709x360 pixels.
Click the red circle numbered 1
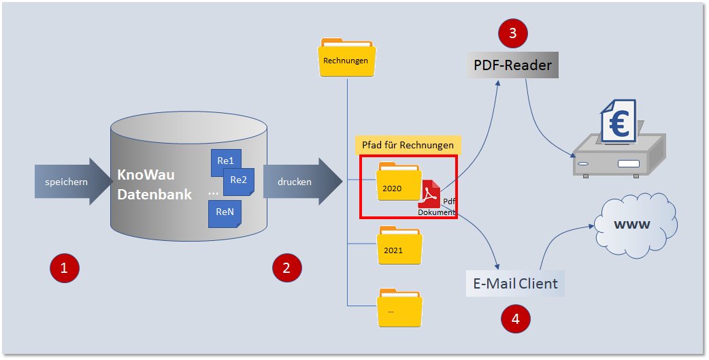[x=65, y=267]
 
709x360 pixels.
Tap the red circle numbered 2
[x=286, y=267]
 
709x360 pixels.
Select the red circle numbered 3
[x=513, y=32]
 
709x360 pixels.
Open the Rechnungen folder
[x=346, y=57]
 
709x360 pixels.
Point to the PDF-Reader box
[x=512, y=66]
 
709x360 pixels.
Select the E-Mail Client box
[x=516, y=283]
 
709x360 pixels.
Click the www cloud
[x=633, y=224]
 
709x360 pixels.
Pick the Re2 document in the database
[x=239, y=181]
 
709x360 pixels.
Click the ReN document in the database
[x=225, y=212]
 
